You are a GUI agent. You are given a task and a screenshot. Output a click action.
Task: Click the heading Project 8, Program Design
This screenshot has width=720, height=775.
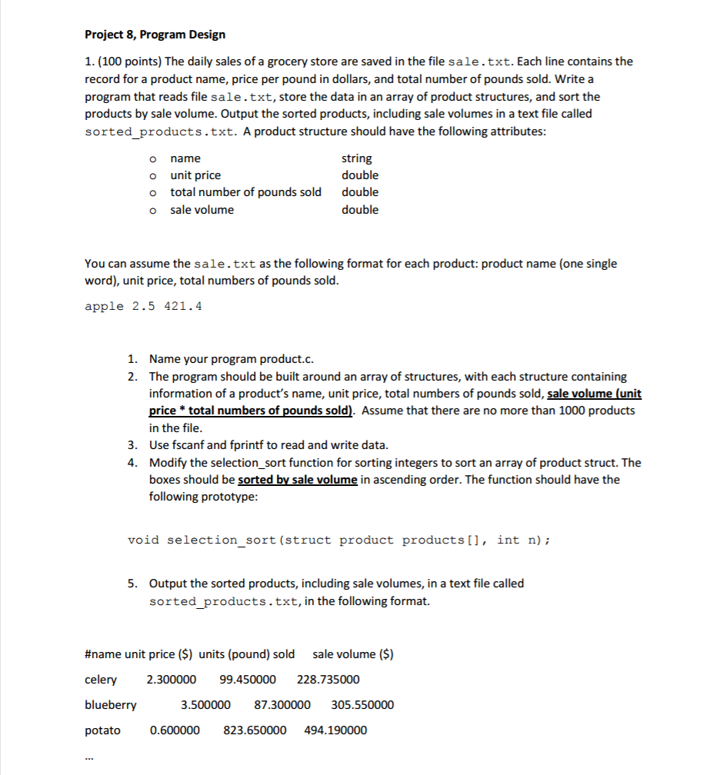click(155, 35)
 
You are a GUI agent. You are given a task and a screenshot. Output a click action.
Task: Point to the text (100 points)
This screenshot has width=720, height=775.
click(126, 62)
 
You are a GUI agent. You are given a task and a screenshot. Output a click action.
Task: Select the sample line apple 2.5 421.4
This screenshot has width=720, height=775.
click(143, 306)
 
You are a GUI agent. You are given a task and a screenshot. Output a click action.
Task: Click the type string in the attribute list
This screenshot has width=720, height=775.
click(356, 158)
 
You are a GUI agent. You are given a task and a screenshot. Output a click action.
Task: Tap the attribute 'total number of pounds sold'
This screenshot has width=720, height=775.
click(245, 192)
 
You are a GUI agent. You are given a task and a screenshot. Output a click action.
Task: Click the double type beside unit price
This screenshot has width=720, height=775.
click(360, 175)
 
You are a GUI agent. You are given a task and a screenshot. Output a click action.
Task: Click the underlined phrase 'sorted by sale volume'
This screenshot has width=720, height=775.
click(298, 480)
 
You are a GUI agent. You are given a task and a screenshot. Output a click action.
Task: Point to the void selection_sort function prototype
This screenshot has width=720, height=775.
click(338, 540)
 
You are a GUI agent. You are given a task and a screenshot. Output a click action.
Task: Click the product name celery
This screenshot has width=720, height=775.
click(101, 680)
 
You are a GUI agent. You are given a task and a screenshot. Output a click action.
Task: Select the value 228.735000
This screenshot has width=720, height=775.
click(328, 680)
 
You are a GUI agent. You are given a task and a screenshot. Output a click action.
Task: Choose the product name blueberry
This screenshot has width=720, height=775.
click(111, 705)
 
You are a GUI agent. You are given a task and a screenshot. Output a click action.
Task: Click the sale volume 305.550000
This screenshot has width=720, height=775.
click(362, 705)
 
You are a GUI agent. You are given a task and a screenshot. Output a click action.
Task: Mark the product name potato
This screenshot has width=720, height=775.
click(102, 730)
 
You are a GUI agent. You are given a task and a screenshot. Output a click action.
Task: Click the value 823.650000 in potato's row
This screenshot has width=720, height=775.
click(255, 730)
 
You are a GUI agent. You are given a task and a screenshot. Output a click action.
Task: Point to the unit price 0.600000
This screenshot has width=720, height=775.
click(175, 730)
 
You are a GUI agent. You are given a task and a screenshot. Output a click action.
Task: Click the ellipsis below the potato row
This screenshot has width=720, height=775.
click(89, 759)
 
